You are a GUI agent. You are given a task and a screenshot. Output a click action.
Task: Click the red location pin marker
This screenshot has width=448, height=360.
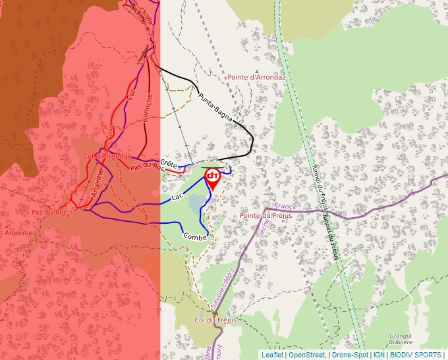[x=213, y=178]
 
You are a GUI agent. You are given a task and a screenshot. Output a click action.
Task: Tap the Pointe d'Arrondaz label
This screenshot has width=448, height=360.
[x=256, y=77]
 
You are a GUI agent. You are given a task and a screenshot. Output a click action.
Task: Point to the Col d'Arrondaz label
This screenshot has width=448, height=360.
[x=107, y=156]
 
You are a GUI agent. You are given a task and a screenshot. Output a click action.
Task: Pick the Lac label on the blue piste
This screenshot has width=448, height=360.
[x=176, y=197]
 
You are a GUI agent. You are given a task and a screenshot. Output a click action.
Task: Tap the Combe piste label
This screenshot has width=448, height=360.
[x=194, y=236]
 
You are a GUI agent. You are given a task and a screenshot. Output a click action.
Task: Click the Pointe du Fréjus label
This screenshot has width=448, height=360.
[x=266, y=215]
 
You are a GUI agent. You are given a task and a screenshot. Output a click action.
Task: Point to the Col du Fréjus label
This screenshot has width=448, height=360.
[x=215, y=320]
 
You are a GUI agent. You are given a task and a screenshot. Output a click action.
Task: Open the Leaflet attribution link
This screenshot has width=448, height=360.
[x=272, y=355]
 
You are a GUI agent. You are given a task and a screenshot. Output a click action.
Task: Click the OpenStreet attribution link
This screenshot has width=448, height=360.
[x=307, y=355]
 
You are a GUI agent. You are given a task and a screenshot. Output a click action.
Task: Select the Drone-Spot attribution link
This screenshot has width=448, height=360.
[x=350, y=355]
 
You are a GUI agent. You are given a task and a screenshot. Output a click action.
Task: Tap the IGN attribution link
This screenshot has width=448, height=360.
[x=379, y=355]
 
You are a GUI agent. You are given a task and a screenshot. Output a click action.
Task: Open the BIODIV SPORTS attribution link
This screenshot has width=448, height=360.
[x=415, y=355]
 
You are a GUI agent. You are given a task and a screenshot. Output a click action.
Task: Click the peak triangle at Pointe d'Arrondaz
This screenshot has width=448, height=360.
[x=257, y=69]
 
